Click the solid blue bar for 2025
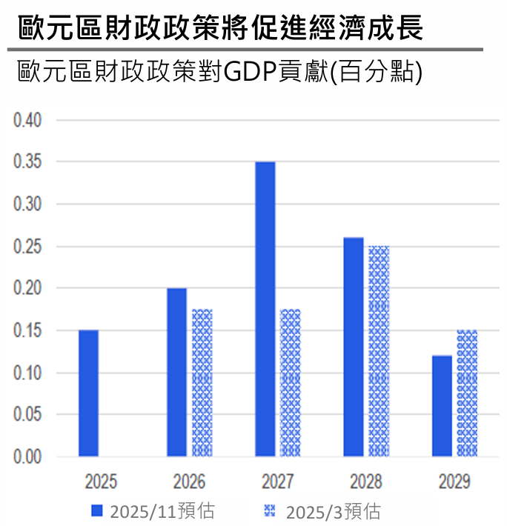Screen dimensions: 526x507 pyautogui.click(x=88, y=393)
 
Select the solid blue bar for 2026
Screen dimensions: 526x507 pyautogui.click(x=176, y=372)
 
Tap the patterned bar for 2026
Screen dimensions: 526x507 pyautogui.click(x=202, y=382)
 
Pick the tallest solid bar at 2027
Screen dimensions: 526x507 pyautogui.click(x=265, y=308)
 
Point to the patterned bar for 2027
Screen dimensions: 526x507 pyautogui.click(x=291, y=382)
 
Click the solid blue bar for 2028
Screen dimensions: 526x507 pyautogui.click(x=354, y=347)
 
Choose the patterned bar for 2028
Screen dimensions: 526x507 pyautogui.click(x=379, y=350)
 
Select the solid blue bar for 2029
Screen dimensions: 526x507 pyautogui.click(x=442, y=406)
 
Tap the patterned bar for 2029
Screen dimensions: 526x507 pyautogui.click(x=467, y=393)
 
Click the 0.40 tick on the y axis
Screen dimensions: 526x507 pyautogui.click(x=29, y=119)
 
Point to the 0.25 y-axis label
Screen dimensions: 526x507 pyautogui.click(x=29, y=246)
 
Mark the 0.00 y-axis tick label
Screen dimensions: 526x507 pyautogui.click(x=29, y=457)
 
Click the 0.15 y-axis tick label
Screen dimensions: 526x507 pyautogui.click(x=29, y=330)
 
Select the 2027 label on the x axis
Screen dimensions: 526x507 pyautogui.click(x=277, y=482)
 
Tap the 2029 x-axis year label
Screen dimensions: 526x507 pyautogui.click(x=454, y=482)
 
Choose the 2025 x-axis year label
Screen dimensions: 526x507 pyautogui.click(x=101, y=482)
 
